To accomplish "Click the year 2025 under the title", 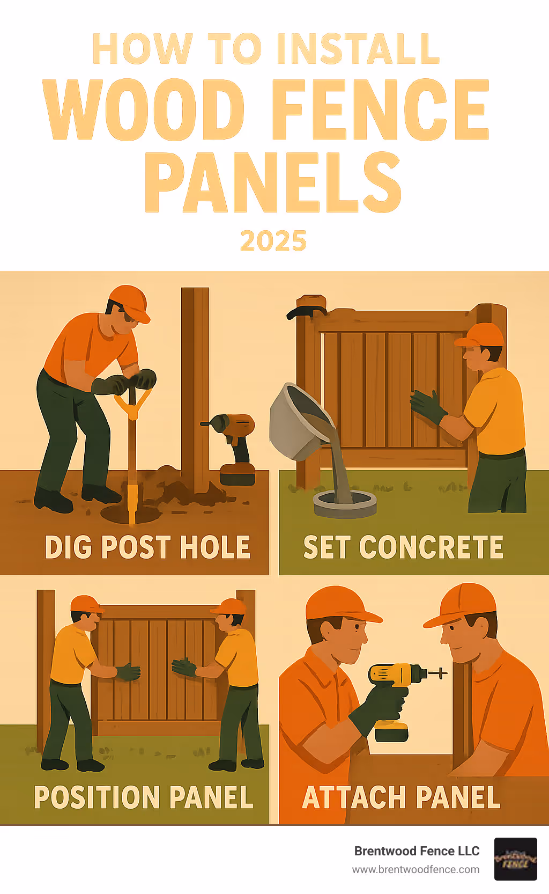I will [x=273, y=241].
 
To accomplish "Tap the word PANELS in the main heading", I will [x=273, y=182].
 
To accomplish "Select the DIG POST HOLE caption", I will [x=147, y=547].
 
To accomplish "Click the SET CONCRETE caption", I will [x=403, y=547].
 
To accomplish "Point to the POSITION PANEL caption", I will [x=143, y=797].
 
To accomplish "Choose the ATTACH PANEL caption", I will [x=401, y=797].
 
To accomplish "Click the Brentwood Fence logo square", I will [x=515, y=859].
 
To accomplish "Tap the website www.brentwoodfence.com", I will [x=416, y=869].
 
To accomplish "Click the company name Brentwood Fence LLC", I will [x=417, y=851].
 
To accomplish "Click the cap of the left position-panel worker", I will [x=85, y=604].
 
